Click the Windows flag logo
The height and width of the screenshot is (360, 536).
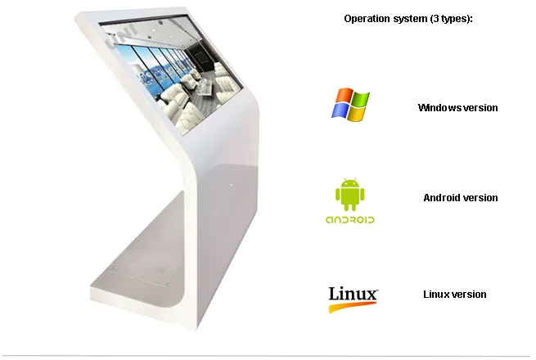click(x=350, y=105)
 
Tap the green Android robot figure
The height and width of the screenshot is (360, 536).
click(x=349, y=195)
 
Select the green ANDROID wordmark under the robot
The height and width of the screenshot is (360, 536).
click(x=349, y=219)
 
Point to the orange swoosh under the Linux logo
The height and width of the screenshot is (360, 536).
click(x=353, y=308)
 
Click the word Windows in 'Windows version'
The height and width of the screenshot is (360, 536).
click(x=439, y=107)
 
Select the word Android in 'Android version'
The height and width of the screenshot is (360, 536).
click(x=442, y=197)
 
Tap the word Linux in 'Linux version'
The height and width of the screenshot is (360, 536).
click(x=435, y=294)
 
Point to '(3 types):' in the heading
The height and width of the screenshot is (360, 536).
click(x=450, y=18)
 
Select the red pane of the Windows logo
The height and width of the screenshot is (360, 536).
click(x=343, y=97)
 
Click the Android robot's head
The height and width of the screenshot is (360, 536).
click(x=349, y=183)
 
